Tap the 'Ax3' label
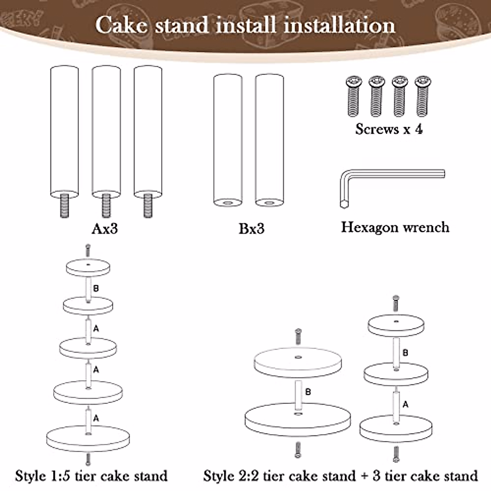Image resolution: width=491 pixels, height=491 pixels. point(105,228)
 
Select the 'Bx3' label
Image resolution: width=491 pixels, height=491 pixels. point(251,228)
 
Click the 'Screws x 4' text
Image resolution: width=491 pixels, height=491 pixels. point(389,129)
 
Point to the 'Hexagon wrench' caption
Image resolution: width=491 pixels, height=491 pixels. point(395,227)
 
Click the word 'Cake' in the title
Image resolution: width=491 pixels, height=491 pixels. point(121,25)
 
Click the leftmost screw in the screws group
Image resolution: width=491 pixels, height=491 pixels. point(353,96)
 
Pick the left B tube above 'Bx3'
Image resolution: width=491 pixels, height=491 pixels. point(228,140)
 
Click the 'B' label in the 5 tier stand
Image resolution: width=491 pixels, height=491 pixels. point(96,288)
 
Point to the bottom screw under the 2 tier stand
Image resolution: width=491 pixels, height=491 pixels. point(297,450)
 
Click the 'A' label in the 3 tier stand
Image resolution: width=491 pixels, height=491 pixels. point(405,404)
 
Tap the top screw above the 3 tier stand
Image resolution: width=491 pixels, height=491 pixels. point(396,303)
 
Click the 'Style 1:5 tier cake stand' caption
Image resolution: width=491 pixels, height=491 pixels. point(91,476)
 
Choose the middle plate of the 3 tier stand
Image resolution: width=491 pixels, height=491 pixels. point(396,374)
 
